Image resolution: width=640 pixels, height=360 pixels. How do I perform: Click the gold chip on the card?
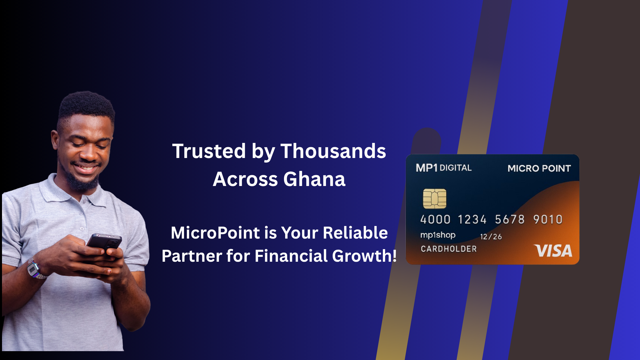435,199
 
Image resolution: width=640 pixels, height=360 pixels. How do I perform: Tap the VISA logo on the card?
553,251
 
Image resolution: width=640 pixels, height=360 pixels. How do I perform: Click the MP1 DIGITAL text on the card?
444,168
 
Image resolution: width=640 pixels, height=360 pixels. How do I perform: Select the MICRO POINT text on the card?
539,168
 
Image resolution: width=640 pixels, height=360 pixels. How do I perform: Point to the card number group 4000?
435,219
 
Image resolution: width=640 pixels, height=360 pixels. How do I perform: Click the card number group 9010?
548,219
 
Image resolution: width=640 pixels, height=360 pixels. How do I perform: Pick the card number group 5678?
510,219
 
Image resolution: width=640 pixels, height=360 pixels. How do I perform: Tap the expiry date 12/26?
491,237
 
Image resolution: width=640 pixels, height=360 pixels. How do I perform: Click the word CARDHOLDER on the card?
449,249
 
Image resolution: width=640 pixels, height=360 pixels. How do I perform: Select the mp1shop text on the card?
438,235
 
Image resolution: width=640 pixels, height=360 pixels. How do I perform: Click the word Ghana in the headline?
314,179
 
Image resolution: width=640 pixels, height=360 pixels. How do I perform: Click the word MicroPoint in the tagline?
215,233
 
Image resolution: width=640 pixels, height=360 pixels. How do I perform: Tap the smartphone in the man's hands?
104,243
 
